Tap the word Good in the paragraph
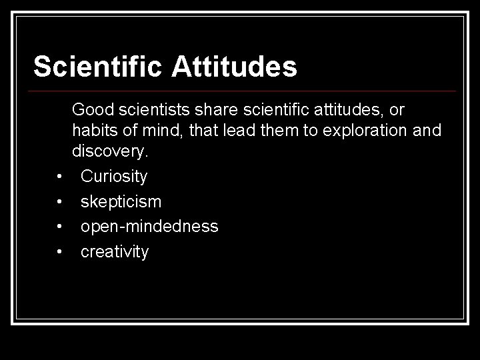coord(93,108)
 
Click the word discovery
coord(110,151)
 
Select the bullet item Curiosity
coord(114,177)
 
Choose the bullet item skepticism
coord(121,202)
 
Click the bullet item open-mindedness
coord(149,227)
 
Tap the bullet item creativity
coord(115,251)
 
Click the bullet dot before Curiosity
coord(60,177)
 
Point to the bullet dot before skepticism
coord(60,202)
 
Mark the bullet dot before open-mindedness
coord(60,227)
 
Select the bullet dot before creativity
coord(60,251)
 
